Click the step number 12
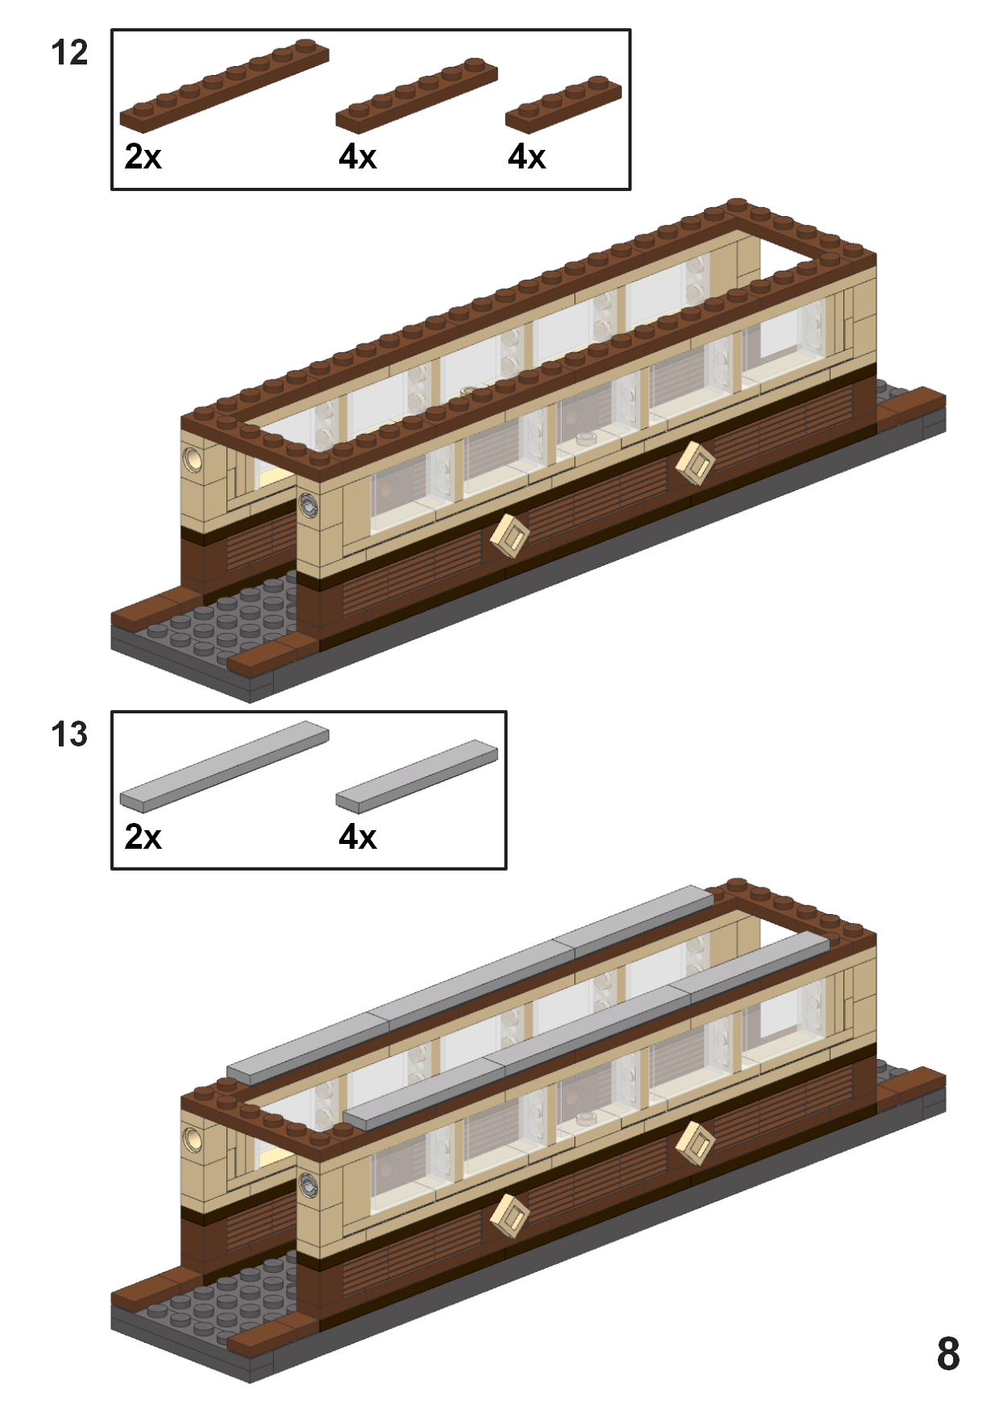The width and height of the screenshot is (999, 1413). coord(69,52)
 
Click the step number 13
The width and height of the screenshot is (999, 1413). coord(69,734)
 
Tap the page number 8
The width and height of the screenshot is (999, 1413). coord(948,1354)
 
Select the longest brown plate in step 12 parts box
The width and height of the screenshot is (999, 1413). coord(224,85)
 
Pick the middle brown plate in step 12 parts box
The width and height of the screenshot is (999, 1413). coord(417,95)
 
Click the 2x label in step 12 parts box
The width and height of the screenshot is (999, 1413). coord(143,156)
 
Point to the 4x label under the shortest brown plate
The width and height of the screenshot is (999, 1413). coord(527,156)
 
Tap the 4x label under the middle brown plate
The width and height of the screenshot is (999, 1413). coord(358,156)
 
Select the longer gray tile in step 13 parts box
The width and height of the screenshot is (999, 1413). coord(224,766)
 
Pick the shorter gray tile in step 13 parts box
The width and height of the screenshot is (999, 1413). coord(417,775)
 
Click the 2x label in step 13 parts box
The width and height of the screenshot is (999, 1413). coord(143,837)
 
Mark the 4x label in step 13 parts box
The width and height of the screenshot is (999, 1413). coord(358,837)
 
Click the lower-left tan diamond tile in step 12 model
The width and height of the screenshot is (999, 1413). coord(510,535)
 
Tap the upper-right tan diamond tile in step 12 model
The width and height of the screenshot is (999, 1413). coord(694,463)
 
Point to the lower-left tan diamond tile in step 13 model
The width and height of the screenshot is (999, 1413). coord(510,1216)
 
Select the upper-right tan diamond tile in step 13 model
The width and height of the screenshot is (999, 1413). coord(694,1143)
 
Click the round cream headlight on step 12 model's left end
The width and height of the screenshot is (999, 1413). coord(193,459)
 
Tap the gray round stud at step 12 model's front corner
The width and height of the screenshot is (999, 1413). coord(309,505)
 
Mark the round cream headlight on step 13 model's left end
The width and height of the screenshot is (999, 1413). coord(193,1140)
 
